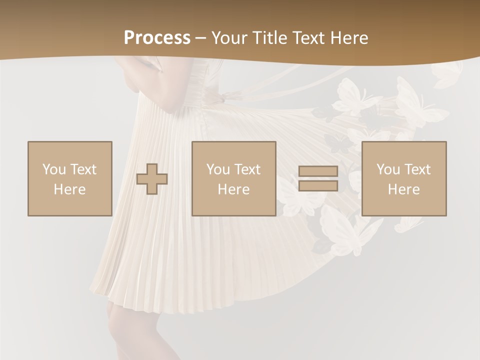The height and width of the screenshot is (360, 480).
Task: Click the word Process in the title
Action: (157, 38)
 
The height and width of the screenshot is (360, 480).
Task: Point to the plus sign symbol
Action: (152, 179)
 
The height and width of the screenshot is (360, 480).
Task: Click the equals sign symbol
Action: (318, 178)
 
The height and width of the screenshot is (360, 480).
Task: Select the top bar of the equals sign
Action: (318, 171)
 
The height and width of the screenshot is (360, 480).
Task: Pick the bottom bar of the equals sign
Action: (318, 186)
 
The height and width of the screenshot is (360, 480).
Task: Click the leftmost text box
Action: (69, 178)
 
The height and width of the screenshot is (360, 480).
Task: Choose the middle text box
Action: (233, 178)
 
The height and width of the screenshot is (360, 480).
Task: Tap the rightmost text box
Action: (403, 178)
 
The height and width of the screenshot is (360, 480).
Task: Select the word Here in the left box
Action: (69, 189)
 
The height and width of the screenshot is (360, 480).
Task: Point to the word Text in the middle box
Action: (247, 169)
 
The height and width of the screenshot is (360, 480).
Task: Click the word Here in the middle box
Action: (233, 189)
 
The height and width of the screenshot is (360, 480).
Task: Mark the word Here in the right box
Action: (403, 189)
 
